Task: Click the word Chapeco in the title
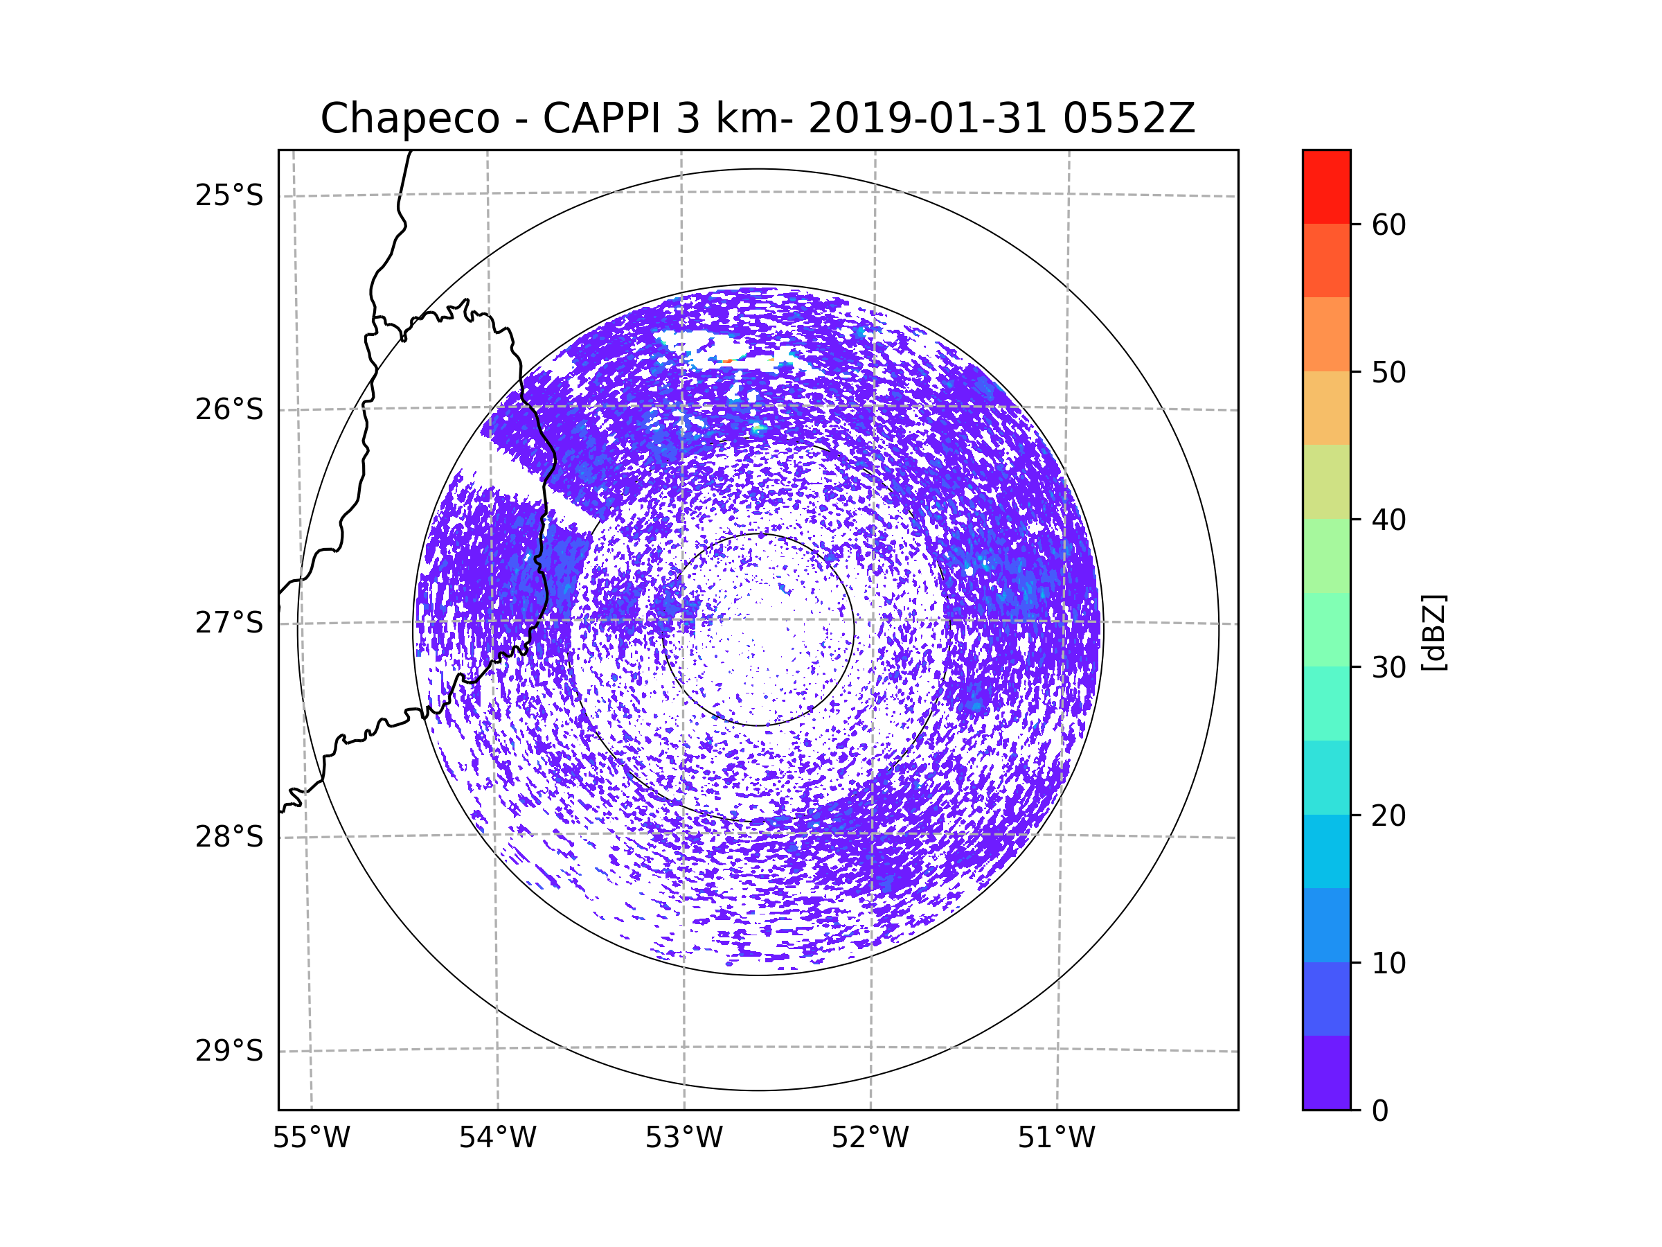409,118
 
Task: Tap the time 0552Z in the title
1129,118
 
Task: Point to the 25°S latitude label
229,195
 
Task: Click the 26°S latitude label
229,409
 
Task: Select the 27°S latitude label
229,623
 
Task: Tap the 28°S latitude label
229,837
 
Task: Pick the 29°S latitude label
229,1051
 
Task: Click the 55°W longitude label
311,1138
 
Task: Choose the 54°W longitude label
497,1138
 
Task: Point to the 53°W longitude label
683,1138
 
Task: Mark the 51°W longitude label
1056,1138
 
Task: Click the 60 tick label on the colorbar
1388,224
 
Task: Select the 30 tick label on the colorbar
1388,667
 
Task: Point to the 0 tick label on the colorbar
1380,1111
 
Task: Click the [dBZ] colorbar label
1433,632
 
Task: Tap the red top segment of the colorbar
1326,187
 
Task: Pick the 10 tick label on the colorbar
1388,963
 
